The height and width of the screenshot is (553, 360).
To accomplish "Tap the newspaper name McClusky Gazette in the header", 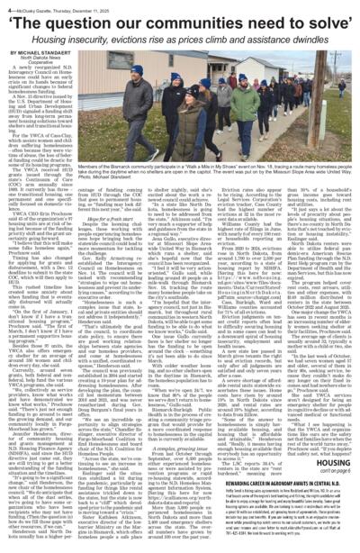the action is [40, 5].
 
